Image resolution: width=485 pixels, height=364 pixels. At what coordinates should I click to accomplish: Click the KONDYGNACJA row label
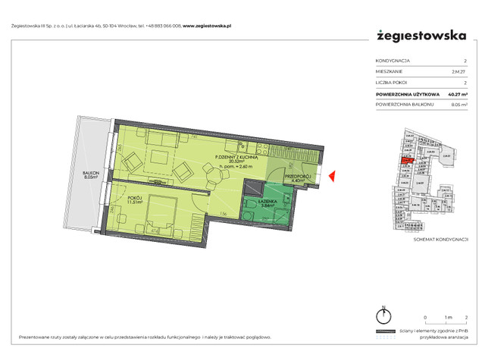coord(392,60)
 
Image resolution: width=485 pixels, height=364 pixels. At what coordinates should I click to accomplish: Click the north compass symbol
coord(385,317)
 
